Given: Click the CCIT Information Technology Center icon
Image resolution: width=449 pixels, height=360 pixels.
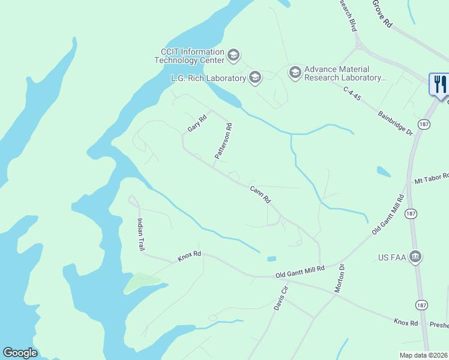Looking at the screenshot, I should [234, 56].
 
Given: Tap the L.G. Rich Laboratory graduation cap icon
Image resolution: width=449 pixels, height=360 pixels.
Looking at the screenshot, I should [255, 77].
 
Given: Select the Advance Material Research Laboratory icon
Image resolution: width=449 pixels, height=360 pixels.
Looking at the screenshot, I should [295, 73].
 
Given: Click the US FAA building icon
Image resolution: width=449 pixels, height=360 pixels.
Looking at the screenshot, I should [415, 257].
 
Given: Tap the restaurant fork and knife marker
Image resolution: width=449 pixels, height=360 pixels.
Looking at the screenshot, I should [440, 83].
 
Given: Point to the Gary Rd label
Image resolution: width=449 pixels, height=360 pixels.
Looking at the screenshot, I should [196, 124].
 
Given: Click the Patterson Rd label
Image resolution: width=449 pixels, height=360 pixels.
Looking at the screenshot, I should [223, 141].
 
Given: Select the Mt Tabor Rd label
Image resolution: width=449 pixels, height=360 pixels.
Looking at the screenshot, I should [431, 178].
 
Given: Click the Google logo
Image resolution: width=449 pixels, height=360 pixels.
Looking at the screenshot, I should [20, 353].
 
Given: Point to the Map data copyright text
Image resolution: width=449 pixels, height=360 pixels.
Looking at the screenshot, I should [423, 355].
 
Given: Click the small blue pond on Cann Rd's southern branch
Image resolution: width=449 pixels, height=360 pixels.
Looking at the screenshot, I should [272, 259].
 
